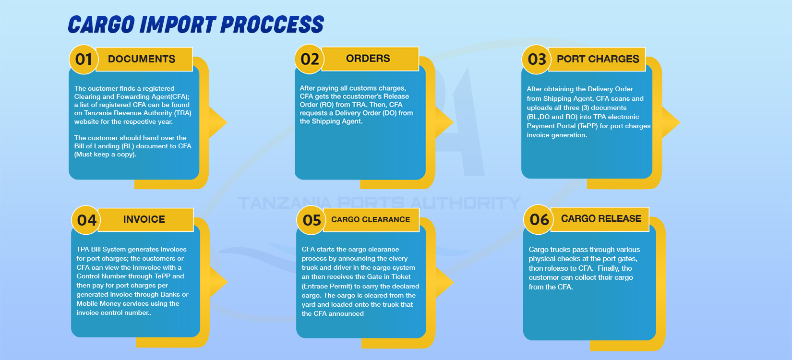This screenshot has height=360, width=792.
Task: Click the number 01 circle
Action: tap(84, 60)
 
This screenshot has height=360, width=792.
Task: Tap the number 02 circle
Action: tap(310, 59)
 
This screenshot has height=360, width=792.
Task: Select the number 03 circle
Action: tap(536, 60)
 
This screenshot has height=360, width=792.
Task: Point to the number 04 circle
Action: tap(86, 220)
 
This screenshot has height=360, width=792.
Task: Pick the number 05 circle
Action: tap(311, 220)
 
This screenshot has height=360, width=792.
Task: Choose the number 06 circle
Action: tap(539, 220)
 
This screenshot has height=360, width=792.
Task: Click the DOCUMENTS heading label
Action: tap(142, 59)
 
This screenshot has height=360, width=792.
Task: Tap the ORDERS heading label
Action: tap(368, 59)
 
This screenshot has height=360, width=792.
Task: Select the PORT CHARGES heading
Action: tap(598, 59)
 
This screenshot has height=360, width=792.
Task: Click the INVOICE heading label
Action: tap(144, 219)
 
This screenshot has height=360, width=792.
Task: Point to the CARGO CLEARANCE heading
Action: tap(371, 220)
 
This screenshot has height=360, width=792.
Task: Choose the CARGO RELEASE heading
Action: tap(601, 218)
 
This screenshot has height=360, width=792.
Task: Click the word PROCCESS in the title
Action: tap(272, 24)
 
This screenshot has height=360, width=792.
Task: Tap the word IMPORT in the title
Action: tap(178, 24)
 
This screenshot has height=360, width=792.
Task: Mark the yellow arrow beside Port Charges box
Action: tap(671, 122)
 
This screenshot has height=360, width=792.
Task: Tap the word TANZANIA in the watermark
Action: tap(285, 203)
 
